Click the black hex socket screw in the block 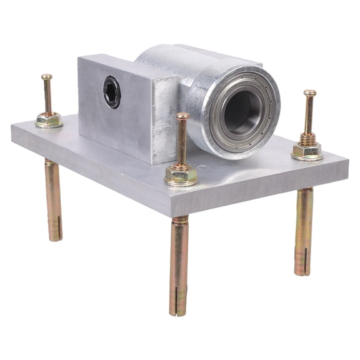click(x=112, y=92)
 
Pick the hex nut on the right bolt click(x=307, y=150)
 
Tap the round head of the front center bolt click(x=182, y=116)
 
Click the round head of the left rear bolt click(x=47, y=77)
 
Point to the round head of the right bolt click(x=310, y=94)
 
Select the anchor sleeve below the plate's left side click(x=53, y=200)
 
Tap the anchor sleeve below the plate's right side click(x=303, y=231)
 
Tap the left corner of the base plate click(x=12, y=128)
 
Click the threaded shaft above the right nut click(x=309, y=119)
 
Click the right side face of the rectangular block click(x=166, y=119)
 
